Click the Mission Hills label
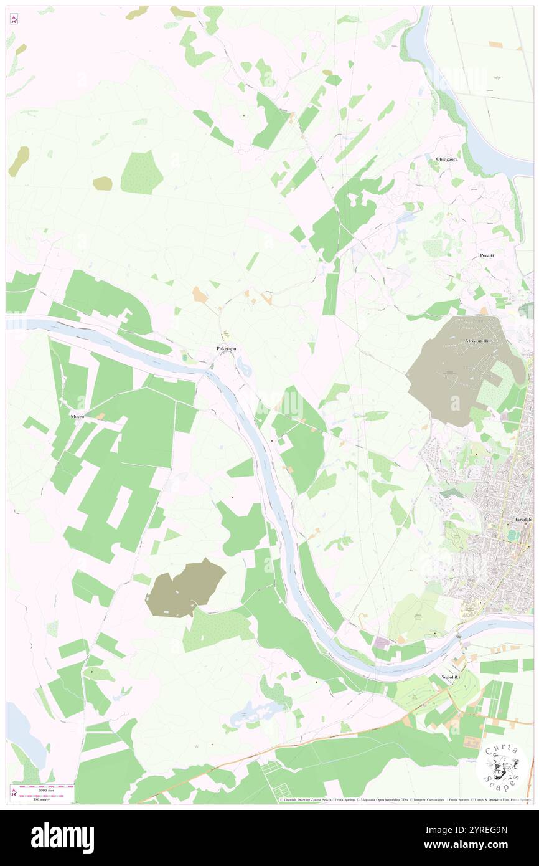pos(478,341)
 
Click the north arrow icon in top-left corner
pos(14,19)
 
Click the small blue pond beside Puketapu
pos(245,369)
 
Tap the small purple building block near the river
pos(382,641)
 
